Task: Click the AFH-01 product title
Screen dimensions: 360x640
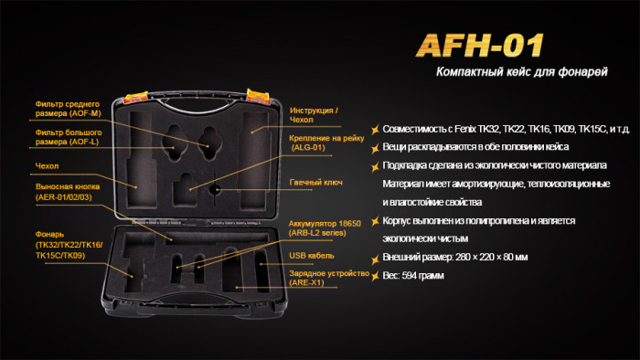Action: click(x=480, y=46)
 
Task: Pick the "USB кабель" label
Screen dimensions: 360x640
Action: click(x=311, y=256)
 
